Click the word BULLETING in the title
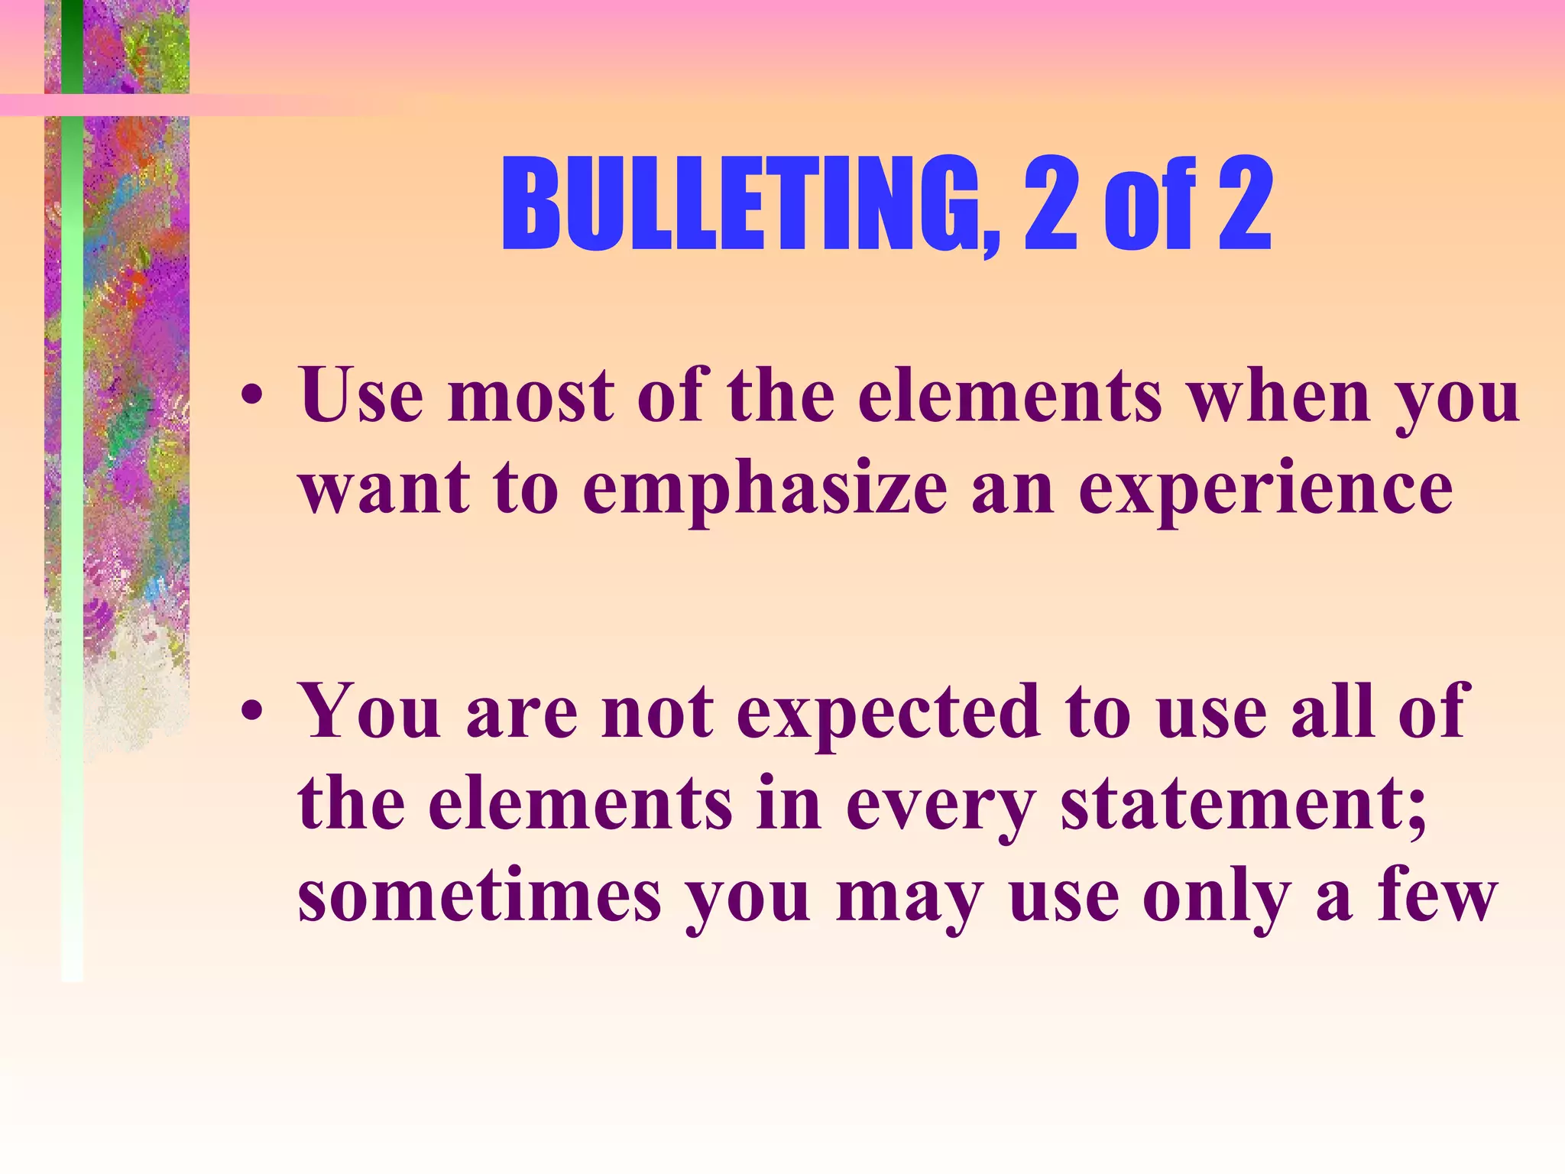(740, 205)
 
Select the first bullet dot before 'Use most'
(251, 397)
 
